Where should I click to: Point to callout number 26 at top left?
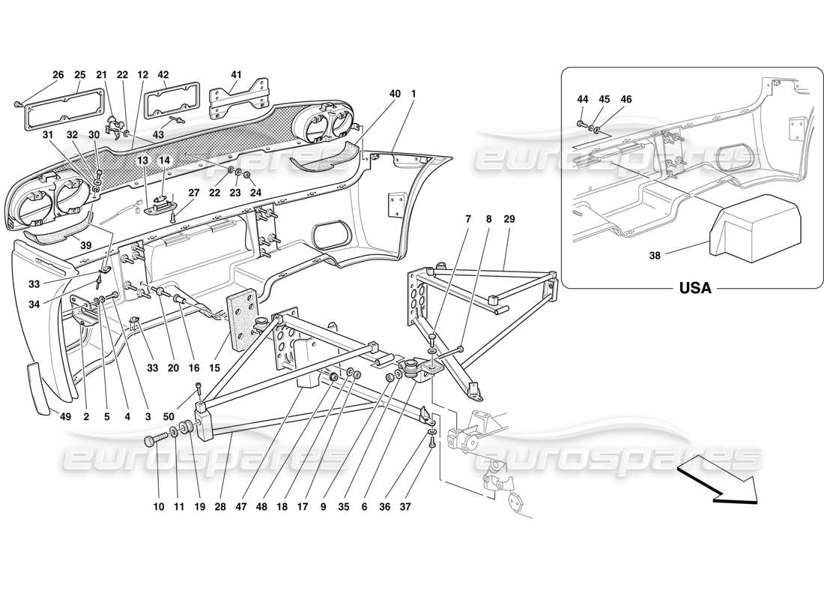coord(58,74)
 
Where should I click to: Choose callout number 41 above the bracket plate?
coord(236,74)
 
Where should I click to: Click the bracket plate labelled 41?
coord(237,100)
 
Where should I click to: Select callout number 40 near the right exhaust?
coord(395,94)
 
